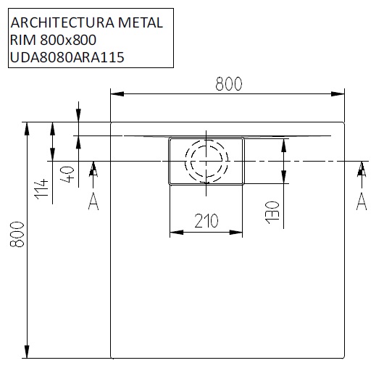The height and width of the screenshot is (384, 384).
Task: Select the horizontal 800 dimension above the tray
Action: [x=228, y=84]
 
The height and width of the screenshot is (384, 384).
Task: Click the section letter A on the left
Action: [x=93, y=202]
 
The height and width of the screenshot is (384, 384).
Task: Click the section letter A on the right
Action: [x=361, y=201]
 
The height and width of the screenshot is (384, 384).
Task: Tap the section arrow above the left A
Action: [x=93, y=171]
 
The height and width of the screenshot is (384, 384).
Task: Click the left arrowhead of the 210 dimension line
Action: [x=175, y=233]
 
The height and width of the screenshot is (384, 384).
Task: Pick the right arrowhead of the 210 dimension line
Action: [x=239, y=233]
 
